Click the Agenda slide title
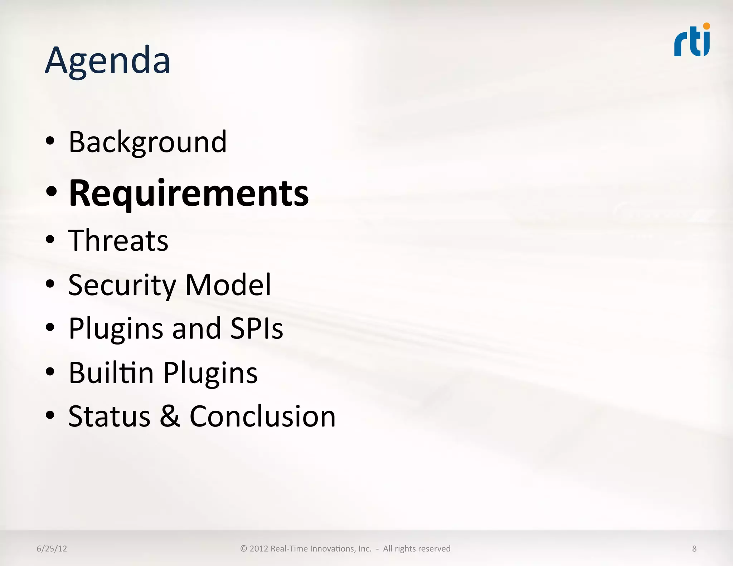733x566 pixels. click(x=107, y=61)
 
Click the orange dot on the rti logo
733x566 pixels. click(x=706, y=26)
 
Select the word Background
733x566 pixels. click(x=147, y=142)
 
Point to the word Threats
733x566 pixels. click(x=118, y=240)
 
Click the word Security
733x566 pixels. click(x=122, y=285)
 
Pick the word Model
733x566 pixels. click(x=228, y=285)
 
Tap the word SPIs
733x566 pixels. click(x=256, y=328)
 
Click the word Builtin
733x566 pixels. click(x=111, y=372)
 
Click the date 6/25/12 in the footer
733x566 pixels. click(x=52, y=548)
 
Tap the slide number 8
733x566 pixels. click(x=694, y=548)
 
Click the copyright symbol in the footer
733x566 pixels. click(x=243, y=548)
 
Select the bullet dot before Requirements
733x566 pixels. click(x=51, y=192)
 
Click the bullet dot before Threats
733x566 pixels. click(x=50, y=239)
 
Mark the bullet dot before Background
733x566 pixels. click(x=50, y=141)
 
